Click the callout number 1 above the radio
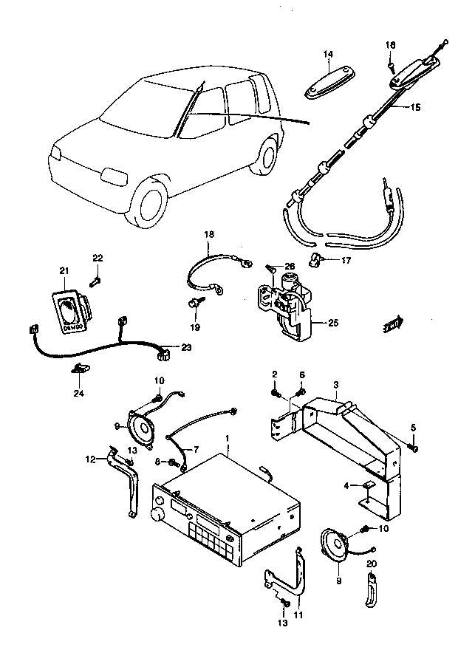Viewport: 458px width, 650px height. [228, 439]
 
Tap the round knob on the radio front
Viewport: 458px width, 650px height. [157, 514]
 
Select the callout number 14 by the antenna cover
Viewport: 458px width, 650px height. [328, 54]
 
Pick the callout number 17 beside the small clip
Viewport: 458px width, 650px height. [345, 260]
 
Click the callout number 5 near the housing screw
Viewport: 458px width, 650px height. [414, 428]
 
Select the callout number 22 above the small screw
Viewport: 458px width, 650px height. [98, 257]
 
